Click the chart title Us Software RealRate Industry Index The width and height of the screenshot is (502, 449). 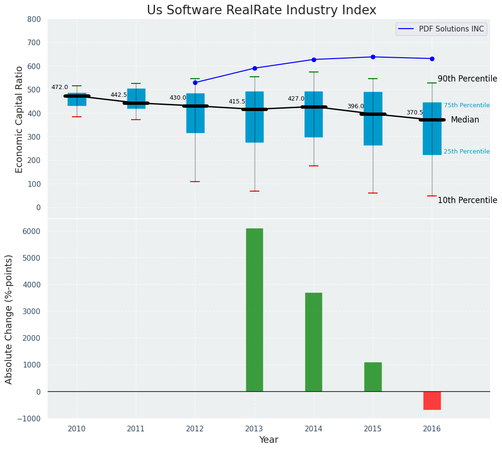pos(261,10)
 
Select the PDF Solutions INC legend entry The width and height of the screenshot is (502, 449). pos(451,29)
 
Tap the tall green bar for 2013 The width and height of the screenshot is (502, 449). pos(255,310)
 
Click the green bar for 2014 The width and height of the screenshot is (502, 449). pos(314,342)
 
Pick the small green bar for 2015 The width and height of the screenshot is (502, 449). pos(373,377)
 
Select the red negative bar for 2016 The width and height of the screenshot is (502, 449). pos(432,400)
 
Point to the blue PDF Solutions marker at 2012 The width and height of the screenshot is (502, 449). pos(195,82)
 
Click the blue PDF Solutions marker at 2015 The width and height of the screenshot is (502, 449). pos(373,57)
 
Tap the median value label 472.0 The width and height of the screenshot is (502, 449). pos(60,88)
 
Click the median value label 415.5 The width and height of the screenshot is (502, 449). pos(237,102)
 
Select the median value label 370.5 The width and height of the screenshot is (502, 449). pos(415,113)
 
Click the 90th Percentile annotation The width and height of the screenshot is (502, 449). pos(467,79)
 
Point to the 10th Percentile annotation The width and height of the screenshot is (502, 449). pos(467,201)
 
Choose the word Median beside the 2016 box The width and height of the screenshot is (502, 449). pos(465,120)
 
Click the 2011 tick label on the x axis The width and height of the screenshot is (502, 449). pos(136,429)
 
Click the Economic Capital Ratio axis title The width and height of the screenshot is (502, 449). pos(20,119)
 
